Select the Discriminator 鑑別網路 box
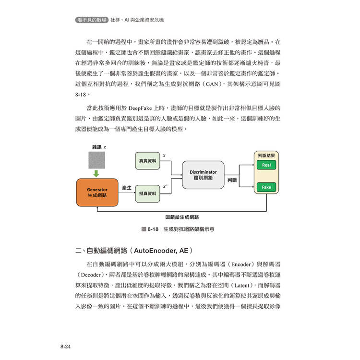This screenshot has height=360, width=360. pyautogui.click(x=203, y=175)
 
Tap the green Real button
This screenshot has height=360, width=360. pyautogui.click(x=266, y=165)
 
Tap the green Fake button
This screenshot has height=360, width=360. pyautogui.click(x=266, y=187)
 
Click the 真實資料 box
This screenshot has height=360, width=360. pyautogui.click(x=147, y=161)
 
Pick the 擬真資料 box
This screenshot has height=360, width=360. pyautogui.click(x=147, y=193)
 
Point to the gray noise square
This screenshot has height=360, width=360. pyautogui.click(x=96, y=159)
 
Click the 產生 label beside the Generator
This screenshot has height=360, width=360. pyautogui.click(x=127, y=188)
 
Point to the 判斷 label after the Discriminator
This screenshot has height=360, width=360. pyautogui.click(x=232, y=180)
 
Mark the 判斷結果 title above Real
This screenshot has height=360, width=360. pyautogui.click(x=266, y=156)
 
